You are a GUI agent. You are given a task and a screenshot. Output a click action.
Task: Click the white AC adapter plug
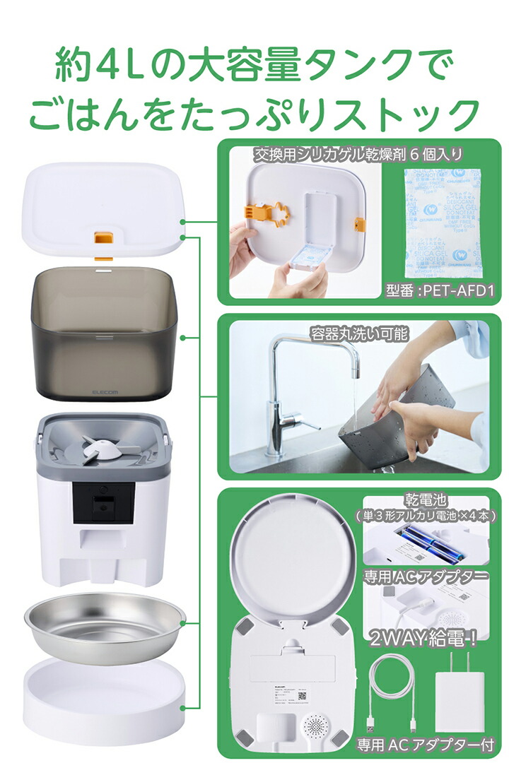(x=458, y=696)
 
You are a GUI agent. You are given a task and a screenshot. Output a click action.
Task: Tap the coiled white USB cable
(x=392, y=696)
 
